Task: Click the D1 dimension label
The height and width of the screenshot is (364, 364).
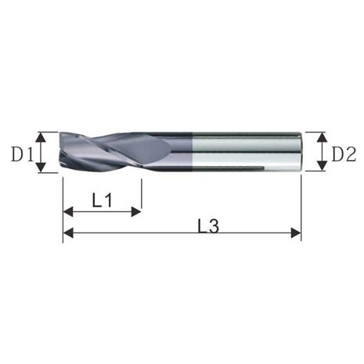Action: tap(23, 154)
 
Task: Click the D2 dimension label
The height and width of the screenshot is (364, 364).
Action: tap(344, 154)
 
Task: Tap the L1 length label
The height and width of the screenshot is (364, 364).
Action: tap(103, 200)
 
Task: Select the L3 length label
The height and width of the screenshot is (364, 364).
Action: tap(208, 225)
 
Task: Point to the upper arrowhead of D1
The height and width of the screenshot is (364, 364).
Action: tap(41, 137)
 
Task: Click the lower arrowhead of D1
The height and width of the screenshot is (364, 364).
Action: tap(41, 167)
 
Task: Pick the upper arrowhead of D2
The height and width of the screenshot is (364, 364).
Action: tap(323, 137)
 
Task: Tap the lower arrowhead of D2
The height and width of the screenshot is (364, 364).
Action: tap(323, 166)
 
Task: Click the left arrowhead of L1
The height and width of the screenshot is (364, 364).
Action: tap(68, 212)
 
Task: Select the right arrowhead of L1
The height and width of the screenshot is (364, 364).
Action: tap(136, 212)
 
